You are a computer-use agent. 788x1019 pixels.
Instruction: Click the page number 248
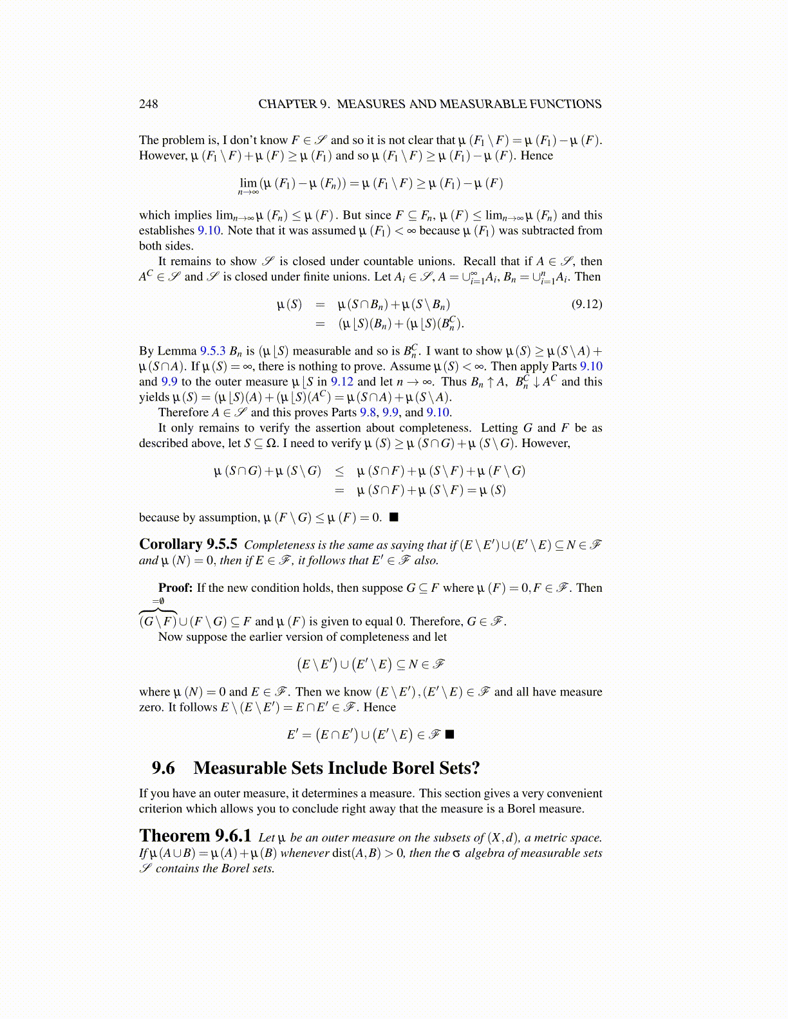coord(148,104)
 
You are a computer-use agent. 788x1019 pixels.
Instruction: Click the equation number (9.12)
coord(586,304)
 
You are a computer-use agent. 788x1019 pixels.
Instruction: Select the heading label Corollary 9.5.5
coord(188,544)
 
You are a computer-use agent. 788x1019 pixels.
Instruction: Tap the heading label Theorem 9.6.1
coord(195,836)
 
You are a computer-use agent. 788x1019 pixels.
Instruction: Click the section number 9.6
coord(164,768)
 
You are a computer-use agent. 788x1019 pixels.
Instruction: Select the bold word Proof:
coord(175,587)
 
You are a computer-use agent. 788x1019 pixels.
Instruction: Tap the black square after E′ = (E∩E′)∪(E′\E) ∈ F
coord(449,734)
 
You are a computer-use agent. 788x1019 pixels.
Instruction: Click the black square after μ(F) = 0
coord(393,517)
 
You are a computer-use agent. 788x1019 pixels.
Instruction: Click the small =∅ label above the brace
coord(158,601)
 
